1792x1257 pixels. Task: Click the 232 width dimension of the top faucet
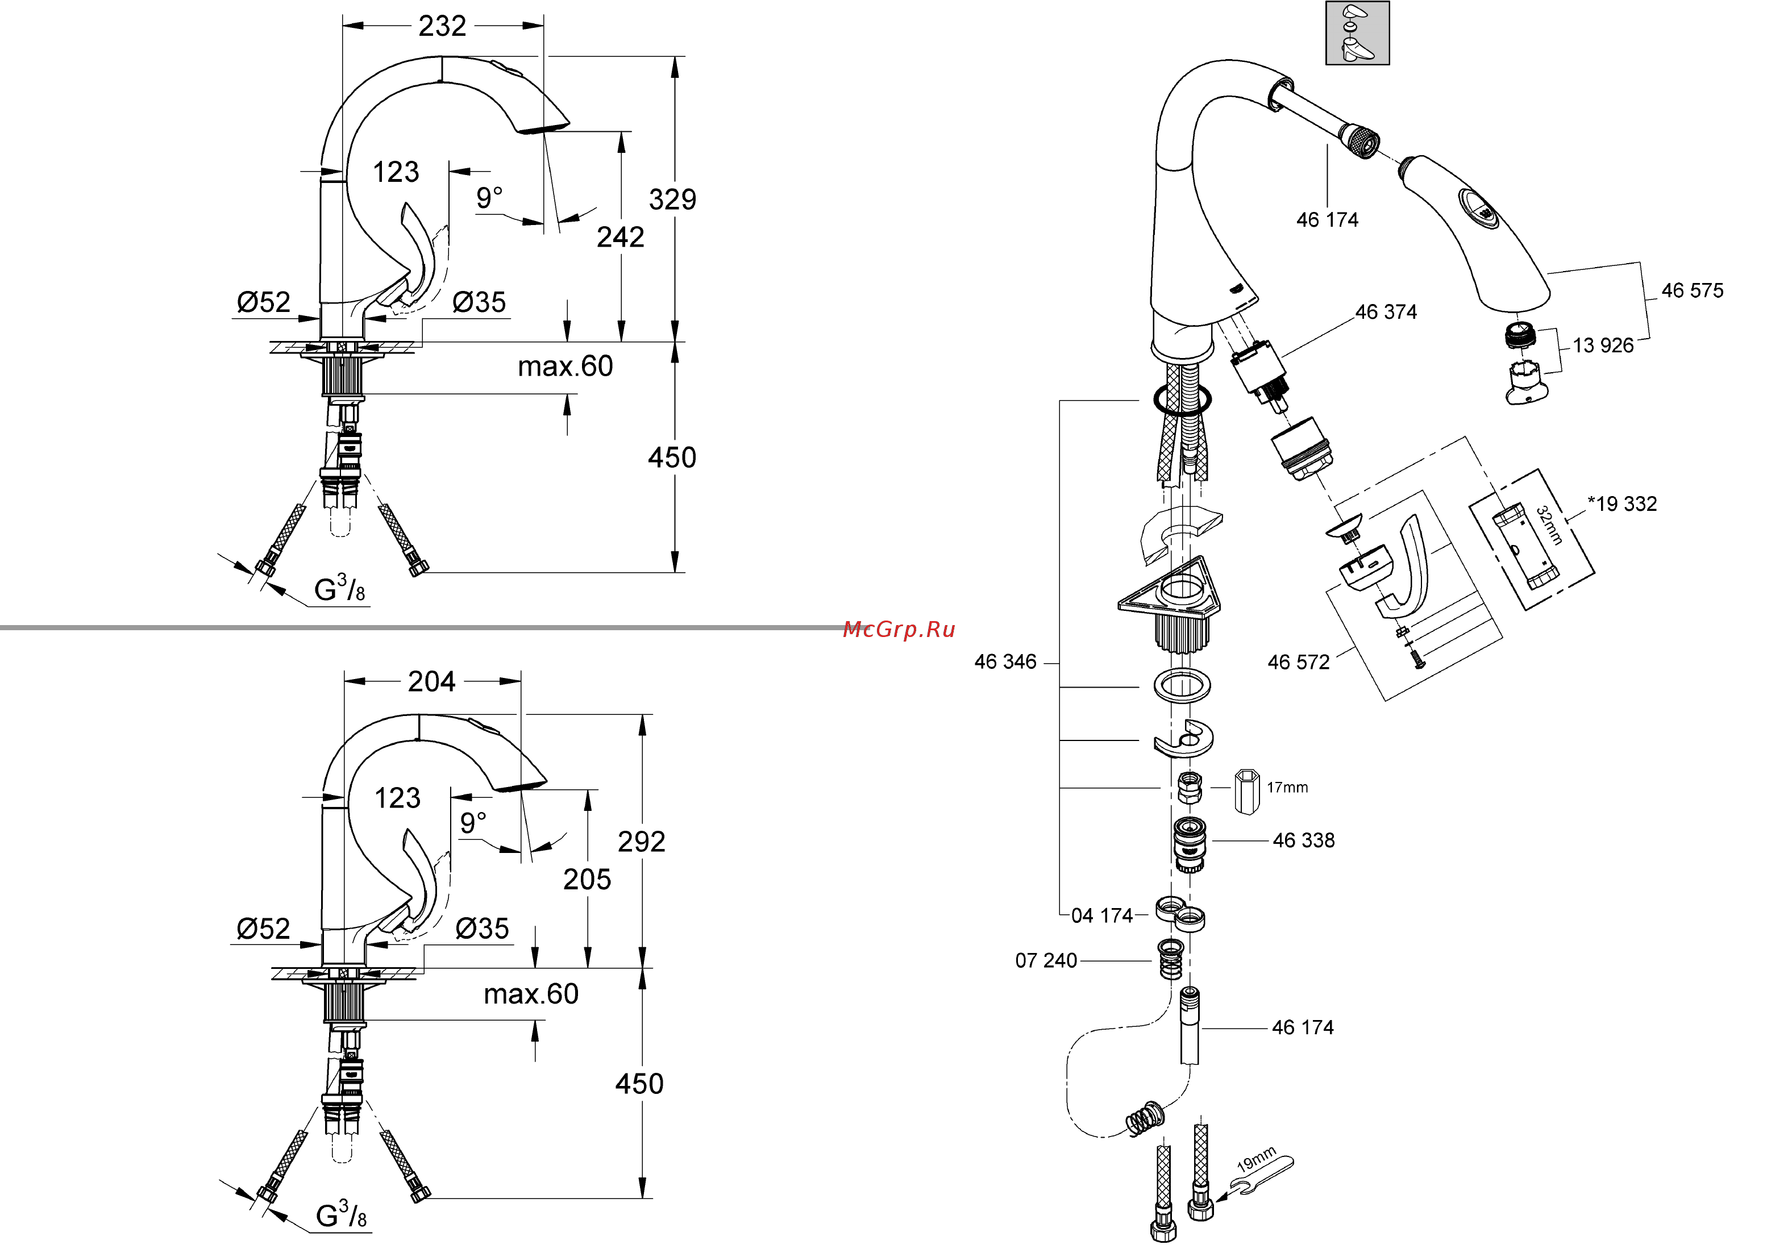(442, 26)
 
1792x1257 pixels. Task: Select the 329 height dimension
(672, 200)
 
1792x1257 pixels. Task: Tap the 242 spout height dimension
(621, 237)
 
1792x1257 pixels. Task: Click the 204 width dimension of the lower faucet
(431, 682)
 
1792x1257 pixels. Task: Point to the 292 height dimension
(641, 842)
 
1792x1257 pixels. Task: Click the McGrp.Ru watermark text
(899, 630)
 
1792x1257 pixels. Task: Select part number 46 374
(1386, 312)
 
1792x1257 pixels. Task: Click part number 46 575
(1691, 291)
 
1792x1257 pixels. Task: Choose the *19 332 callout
(1622, 504)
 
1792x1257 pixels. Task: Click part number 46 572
(1298, 663)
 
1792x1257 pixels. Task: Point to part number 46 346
(1005, 663)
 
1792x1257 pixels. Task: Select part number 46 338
(1303, 841)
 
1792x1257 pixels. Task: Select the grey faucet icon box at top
(1357, 34)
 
